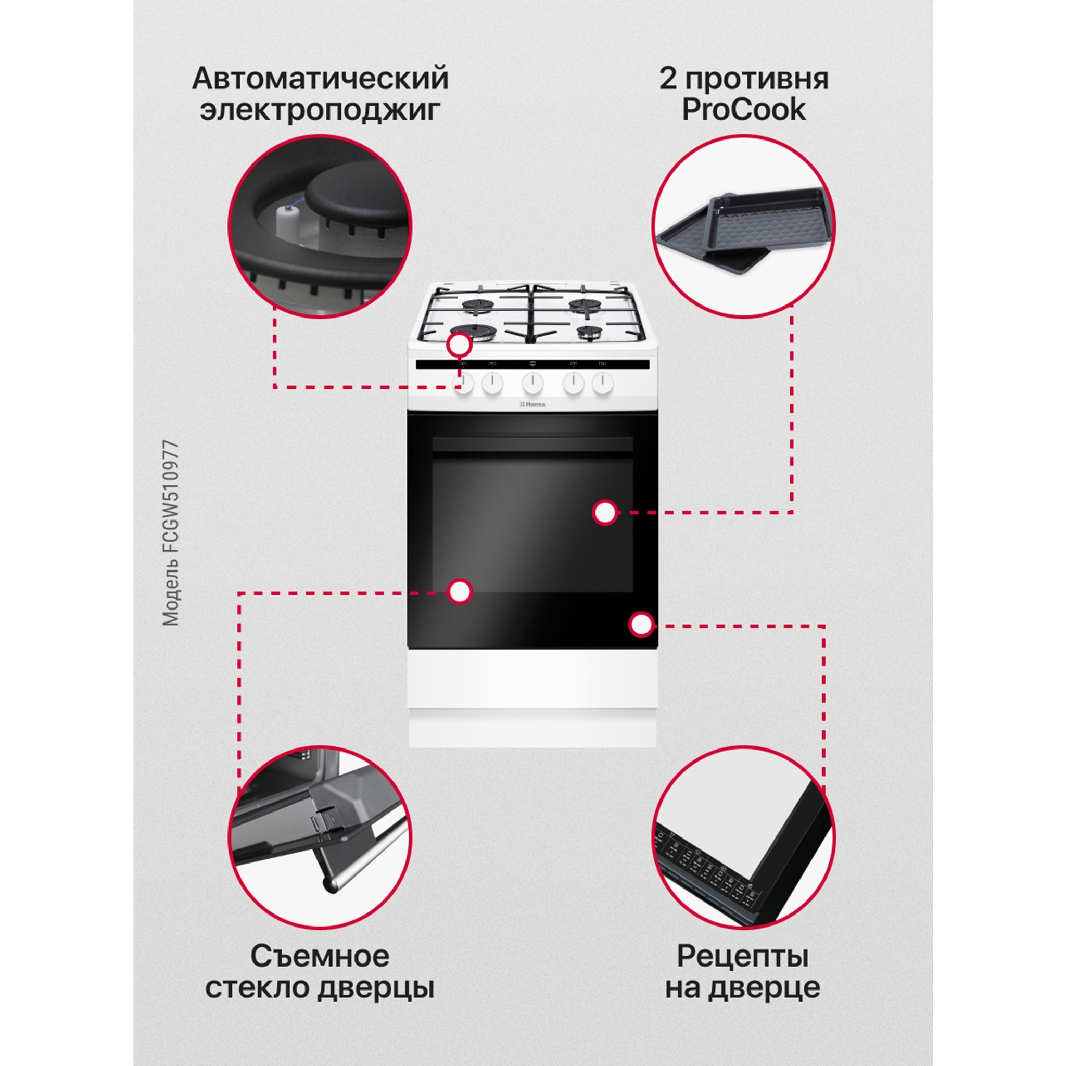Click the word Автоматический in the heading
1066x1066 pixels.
coord(320,79)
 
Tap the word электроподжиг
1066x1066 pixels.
coord(320,110)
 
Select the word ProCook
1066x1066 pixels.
coord(743,110)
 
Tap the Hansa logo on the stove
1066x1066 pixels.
coord(532,404)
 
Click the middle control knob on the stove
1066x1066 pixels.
coord(533,383)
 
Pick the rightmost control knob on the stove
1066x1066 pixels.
coord(603,383)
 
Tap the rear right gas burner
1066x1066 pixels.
coord(586,304)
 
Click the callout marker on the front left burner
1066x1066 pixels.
coord(459,347)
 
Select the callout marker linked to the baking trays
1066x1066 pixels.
coord(605,513)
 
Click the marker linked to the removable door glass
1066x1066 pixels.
coord(459,592)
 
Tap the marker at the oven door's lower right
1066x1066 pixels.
coord(641,625)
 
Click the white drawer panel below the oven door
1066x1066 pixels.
coord(532,678)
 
